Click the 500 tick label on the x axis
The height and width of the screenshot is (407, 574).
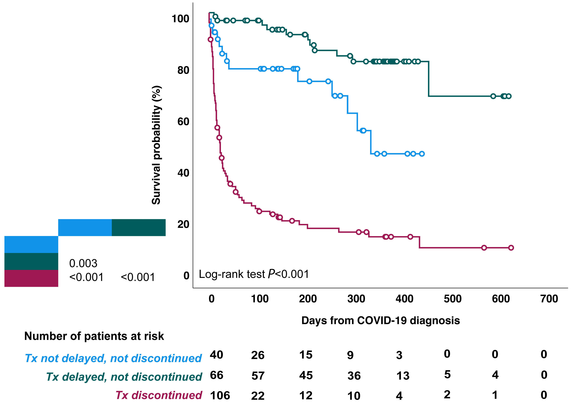tap(453, 299)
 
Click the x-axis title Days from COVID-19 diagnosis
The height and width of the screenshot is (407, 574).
tap(380, 321)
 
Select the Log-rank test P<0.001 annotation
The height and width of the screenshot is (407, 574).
tap(254, 274)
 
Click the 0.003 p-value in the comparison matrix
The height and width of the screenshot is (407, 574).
tap(83, 263)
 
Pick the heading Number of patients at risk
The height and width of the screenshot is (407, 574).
tap(94, 336)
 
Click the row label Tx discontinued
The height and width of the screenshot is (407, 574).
tap(159, 395)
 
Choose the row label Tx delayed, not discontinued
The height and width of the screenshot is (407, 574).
tap(124, 377)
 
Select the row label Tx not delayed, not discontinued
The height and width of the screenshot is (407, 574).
tap(113, 358)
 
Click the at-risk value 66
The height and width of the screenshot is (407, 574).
tap(216, 375)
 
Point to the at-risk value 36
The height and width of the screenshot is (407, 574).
tap(354, 376)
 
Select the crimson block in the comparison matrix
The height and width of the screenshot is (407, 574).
tap(31, 278)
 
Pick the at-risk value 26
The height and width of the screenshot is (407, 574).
tap(258, 355)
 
